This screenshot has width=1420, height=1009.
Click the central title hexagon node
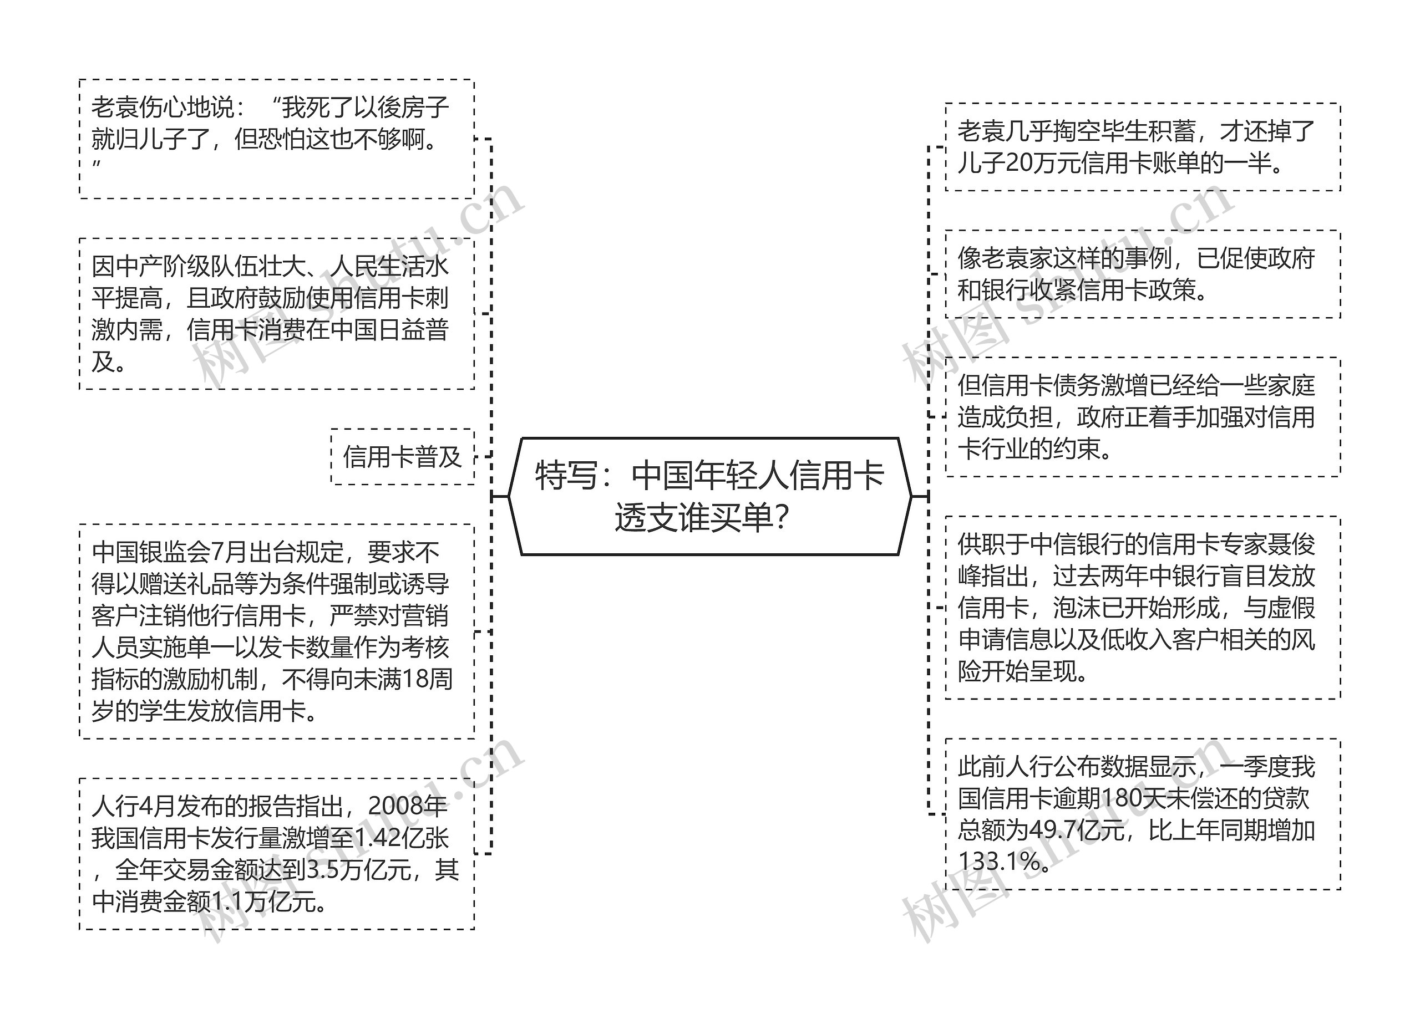click(x=709, y=496)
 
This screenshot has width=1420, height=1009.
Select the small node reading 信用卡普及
click(x=402, y=457)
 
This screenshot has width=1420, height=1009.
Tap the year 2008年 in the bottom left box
click(x=408, y=807)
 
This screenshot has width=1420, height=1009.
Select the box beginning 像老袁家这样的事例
click(x=1142, y=274)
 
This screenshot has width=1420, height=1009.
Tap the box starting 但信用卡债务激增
click(x=1142, y=417)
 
